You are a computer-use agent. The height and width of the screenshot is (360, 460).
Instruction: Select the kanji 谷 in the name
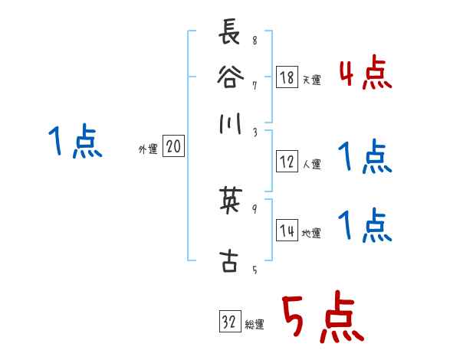[x=229, y=77]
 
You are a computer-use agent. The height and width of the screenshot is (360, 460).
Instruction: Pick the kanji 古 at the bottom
[x=229, y=262]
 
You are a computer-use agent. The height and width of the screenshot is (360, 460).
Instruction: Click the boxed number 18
[x=287, y=77]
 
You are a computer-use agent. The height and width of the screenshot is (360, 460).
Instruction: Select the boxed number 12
[x=287, y=162]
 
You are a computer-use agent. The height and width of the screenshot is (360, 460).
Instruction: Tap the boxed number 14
[x=287, y=231]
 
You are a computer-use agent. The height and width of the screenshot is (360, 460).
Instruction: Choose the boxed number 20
[x=173, y=147]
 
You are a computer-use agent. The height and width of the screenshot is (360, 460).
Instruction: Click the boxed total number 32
[x=229, y=322]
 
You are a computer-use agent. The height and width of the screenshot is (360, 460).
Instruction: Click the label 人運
[x=311, y=164]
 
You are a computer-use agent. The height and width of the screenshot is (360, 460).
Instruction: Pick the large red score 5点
[x=322, y=319]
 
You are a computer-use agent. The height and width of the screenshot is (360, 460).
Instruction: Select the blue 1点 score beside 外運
[x=75, y=142]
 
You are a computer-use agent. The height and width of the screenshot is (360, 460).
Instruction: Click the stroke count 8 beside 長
[x=254, y=41]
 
